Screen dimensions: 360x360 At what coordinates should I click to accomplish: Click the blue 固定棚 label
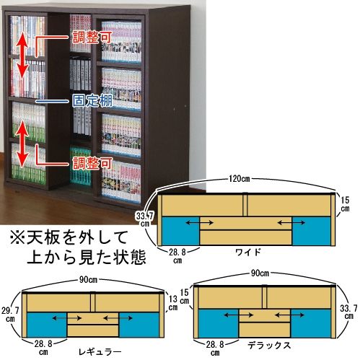tap(92, 101)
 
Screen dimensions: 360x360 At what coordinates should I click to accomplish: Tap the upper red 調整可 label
tap(92, 38)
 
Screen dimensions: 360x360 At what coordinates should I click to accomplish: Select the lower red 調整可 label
tap(92, 164)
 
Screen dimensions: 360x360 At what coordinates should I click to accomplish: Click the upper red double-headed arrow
tap(22, 56)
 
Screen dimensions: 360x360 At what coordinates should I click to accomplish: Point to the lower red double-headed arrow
tap(22, 144)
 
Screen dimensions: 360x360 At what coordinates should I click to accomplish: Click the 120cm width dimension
tap(239, 179)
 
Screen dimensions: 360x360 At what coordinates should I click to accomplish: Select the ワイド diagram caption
tap(248, 252)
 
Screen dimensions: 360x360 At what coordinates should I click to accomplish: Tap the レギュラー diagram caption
tap(100, 352)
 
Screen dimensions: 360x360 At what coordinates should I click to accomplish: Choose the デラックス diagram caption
tap(269, 346)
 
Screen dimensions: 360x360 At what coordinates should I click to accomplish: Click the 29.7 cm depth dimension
tap(10, 315)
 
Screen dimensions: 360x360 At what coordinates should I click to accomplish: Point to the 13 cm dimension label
tap(172, 303)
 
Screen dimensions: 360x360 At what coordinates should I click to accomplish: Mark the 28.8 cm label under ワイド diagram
tap(177, 256)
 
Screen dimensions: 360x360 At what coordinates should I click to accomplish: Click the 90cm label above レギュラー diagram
tap(88, 280)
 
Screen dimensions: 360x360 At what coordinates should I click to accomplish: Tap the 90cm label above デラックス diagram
tap(260, 273)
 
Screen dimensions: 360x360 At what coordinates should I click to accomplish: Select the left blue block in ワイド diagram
tap(180, 231)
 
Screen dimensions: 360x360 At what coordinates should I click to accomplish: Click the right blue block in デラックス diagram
tap(311, 323)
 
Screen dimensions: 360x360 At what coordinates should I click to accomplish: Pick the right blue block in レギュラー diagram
tap(139, 325)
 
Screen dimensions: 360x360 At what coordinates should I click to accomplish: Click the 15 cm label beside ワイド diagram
tap(345, 204)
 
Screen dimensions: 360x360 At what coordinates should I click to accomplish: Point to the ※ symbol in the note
tap(17, 237)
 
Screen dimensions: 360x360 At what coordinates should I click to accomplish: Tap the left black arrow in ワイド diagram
tap(199, 223)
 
